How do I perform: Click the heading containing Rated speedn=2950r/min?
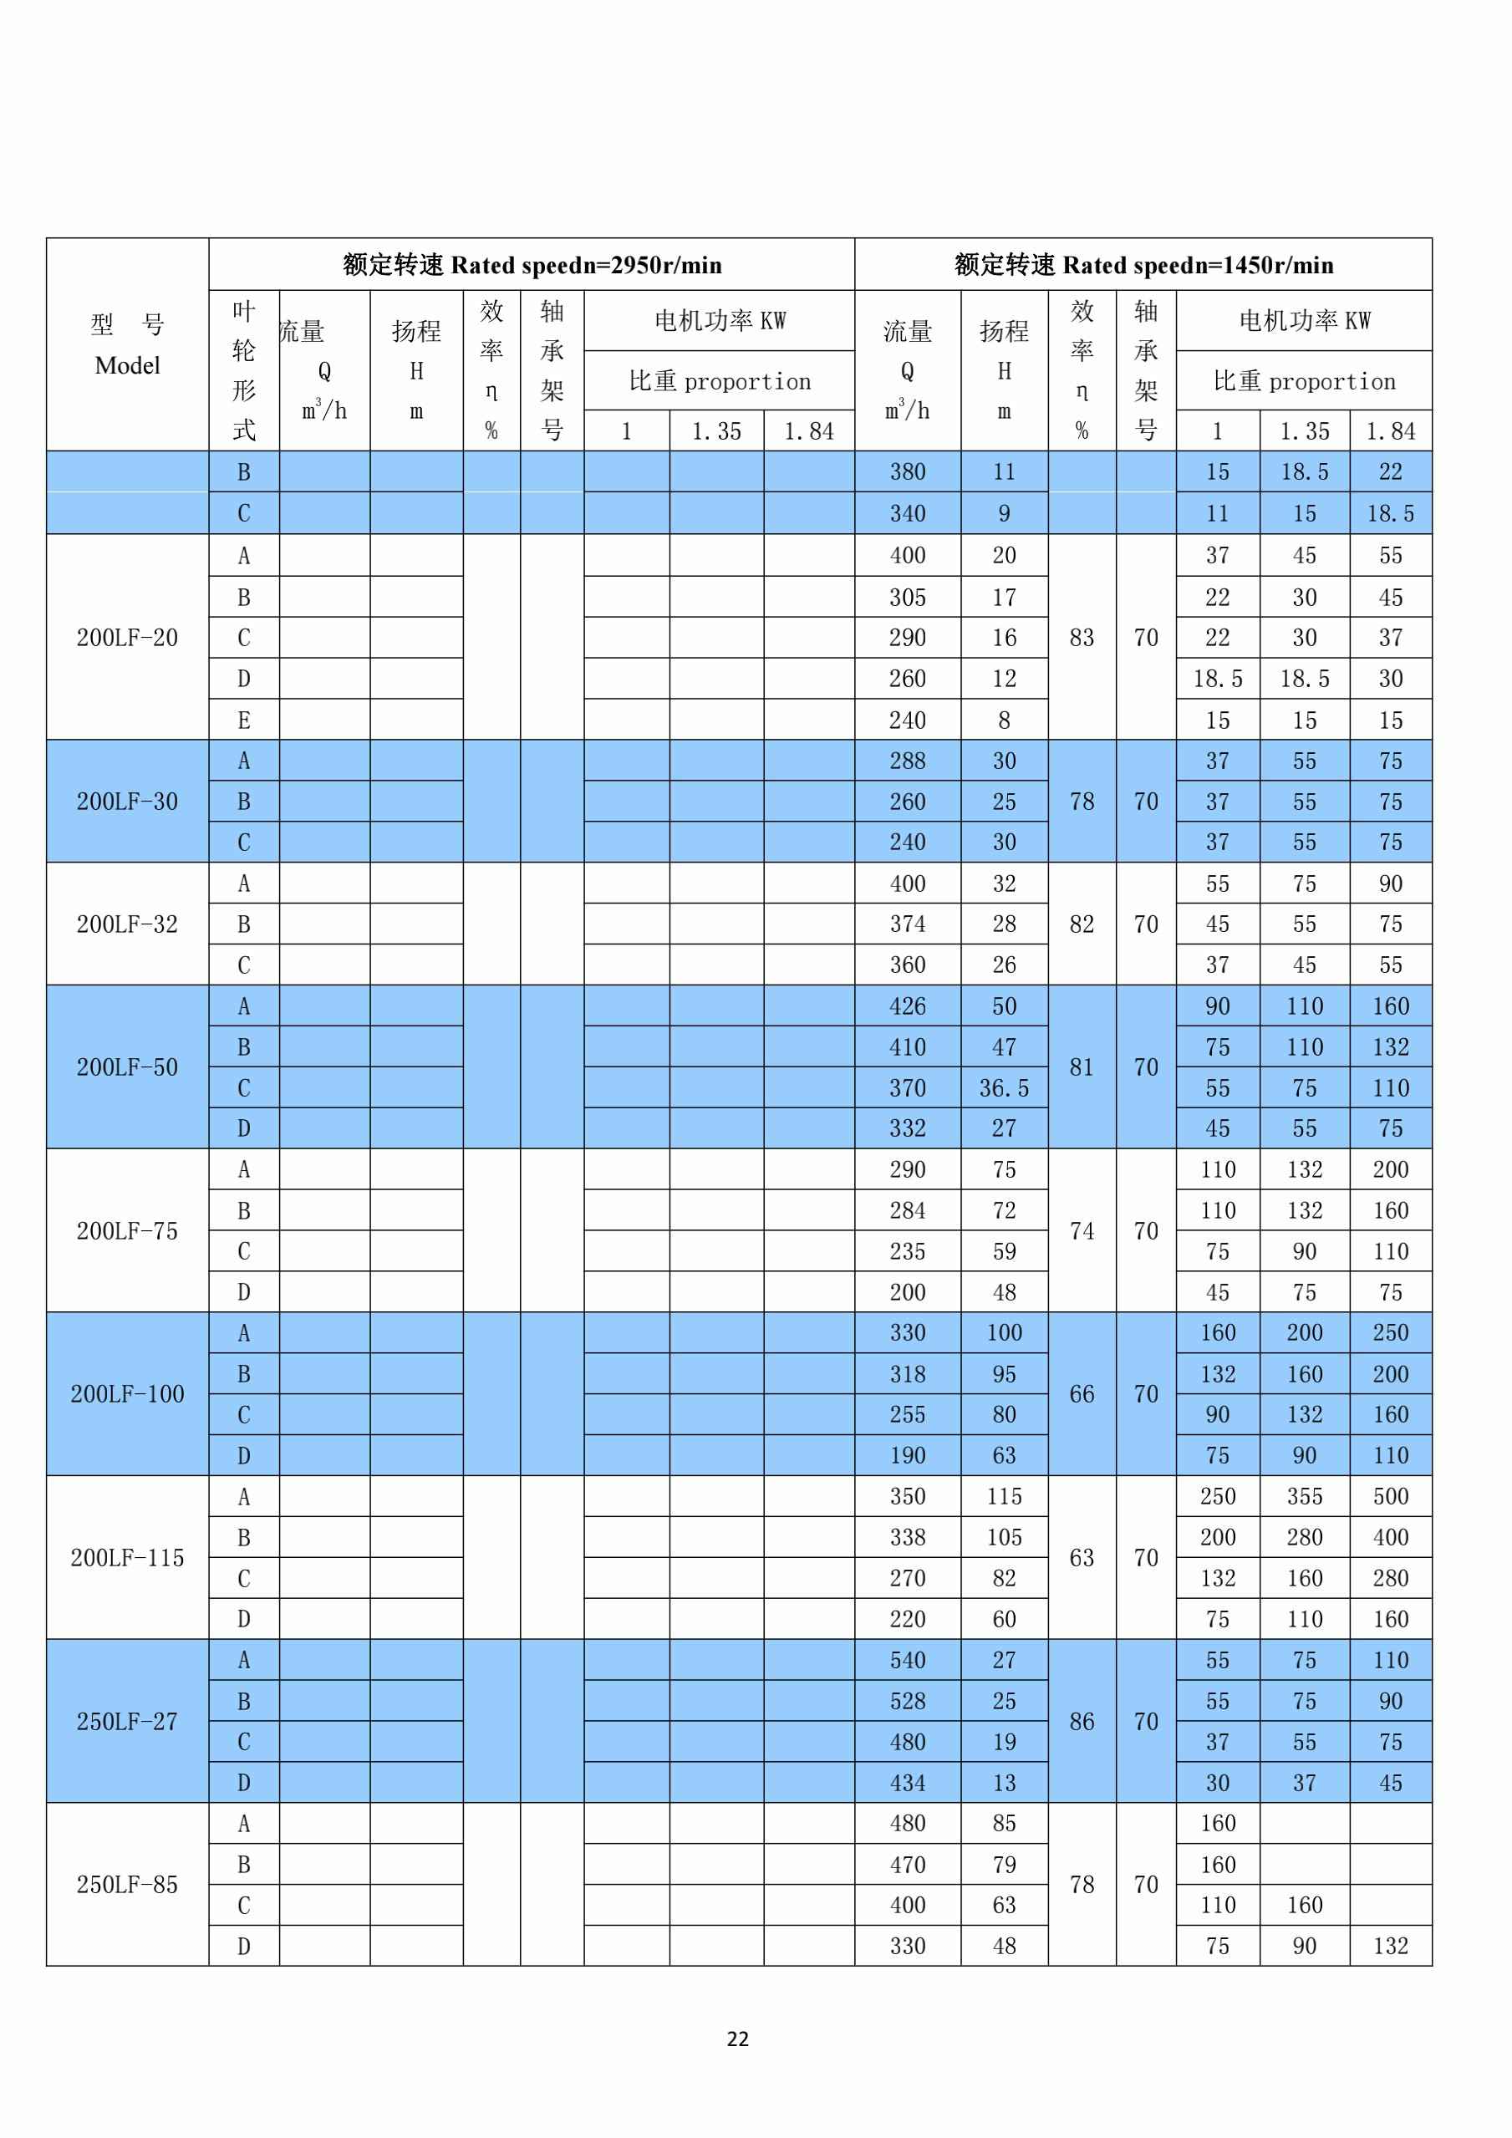532,266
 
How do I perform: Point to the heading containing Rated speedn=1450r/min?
1143,266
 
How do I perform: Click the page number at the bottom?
737,2039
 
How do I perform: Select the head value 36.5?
1004,1087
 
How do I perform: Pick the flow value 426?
907,1005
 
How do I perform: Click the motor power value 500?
1390,1496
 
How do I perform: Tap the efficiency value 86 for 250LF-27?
1081,1721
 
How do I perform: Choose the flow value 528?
907,1701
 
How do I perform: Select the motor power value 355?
1305,1496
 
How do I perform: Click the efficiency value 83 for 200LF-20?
1081,638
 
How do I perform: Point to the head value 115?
1004,1496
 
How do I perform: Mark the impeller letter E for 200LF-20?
244,720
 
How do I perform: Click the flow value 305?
907,597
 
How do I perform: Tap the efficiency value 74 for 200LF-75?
1081,1231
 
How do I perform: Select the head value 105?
1004,1537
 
